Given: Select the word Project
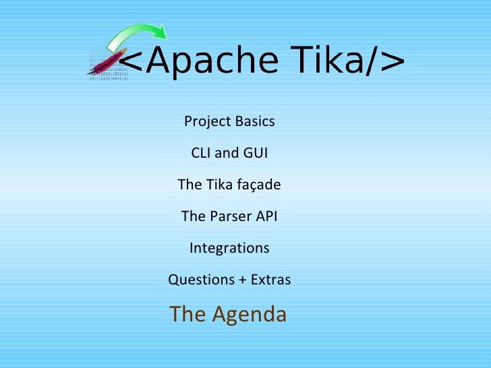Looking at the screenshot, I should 206,122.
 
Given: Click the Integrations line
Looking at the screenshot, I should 229,248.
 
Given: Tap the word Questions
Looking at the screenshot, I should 198,280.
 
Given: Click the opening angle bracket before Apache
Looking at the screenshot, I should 132,64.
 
